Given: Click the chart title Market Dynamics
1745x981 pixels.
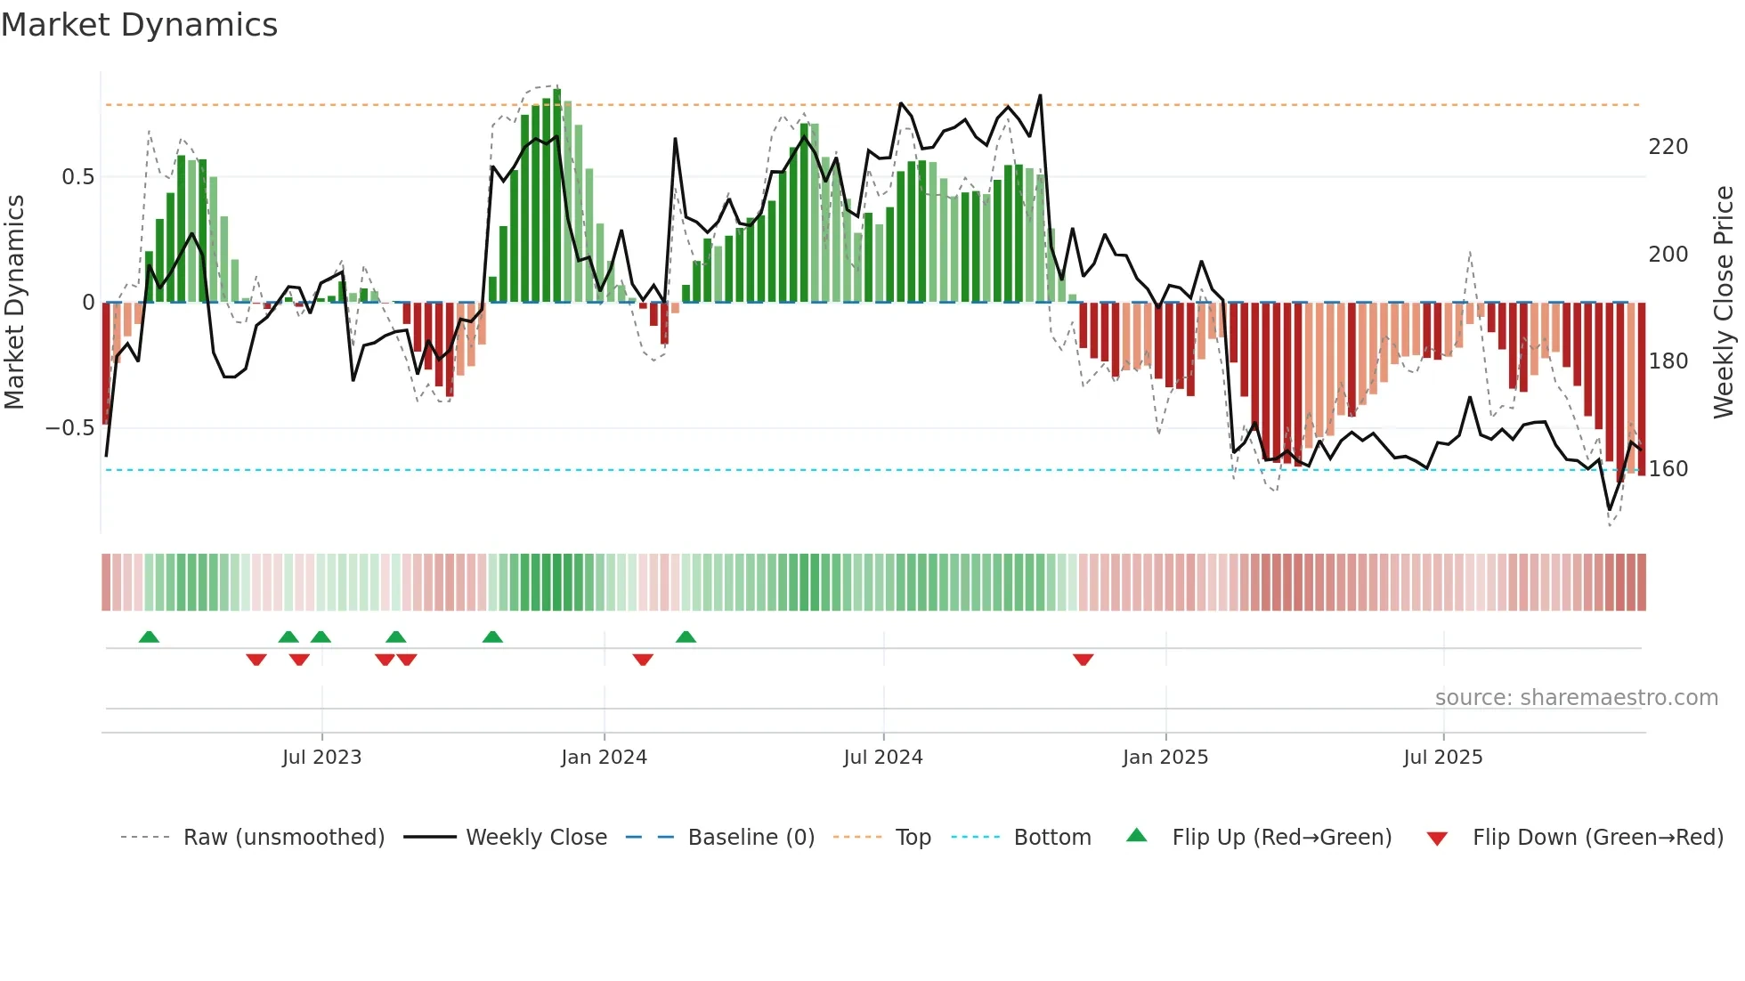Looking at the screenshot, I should tap(140, 25).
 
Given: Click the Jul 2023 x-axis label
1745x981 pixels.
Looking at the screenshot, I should tap(321, 758).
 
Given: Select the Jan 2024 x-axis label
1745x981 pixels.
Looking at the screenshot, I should tap(604, 758).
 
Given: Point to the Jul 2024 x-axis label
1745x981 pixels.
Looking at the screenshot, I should tap(882, 758).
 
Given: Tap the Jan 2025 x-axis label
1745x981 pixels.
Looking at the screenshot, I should tap(1165, 758).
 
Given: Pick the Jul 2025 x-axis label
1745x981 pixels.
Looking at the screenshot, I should tap(1442, 758).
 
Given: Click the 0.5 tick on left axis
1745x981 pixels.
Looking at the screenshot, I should tap(77, 177).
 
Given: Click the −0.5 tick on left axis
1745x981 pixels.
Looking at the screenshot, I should tap(70, 428).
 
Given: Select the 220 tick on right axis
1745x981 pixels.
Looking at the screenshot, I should tap(1668, 147).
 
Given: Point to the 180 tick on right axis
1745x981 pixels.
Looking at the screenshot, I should tap(1668, 361).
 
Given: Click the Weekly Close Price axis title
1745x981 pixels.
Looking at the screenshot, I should tap(1724, 302).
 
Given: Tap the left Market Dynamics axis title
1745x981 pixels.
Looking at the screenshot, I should tap(14, 302).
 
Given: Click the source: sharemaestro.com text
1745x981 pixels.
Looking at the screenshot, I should tap(1576, 698).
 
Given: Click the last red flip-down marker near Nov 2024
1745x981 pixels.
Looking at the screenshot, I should tap(1083, 660).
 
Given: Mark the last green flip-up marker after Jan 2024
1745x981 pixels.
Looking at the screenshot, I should tap(686, 636).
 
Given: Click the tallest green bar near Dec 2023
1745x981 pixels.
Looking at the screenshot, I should tap(557, 196).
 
